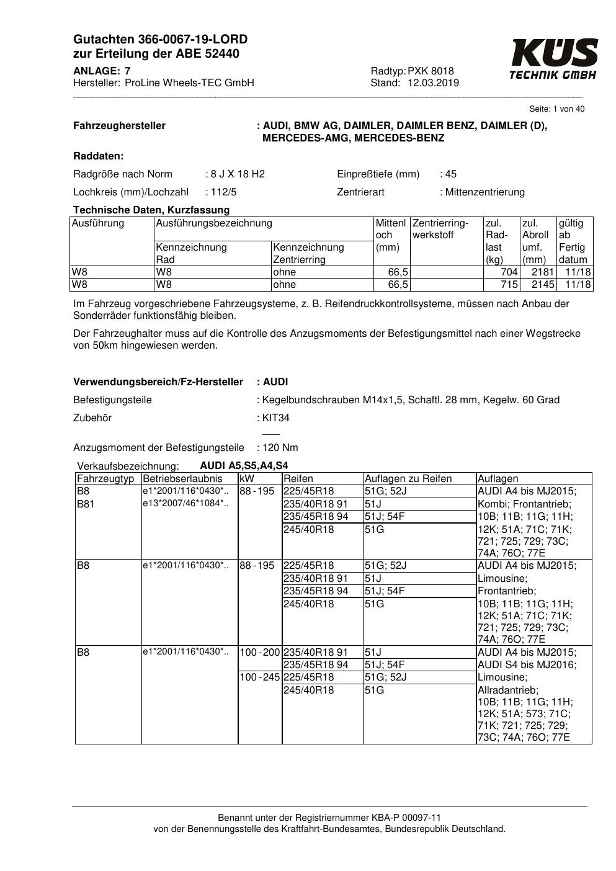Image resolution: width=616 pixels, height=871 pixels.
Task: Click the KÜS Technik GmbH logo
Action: click(x=554, y=59)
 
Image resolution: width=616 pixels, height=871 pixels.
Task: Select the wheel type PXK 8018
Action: click(x=431, y=71)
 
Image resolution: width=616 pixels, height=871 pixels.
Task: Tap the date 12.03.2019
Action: click(x=433, y=83)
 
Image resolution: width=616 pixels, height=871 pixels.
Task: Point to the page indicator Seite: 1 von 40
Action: click(x=556, y=109)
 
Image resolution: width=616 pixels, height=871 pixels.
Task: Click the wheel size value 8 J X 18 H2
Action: click(x=237, y=174)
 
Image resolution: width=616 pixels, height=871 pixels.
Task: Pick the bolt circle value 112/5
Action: click(x=223, y=192)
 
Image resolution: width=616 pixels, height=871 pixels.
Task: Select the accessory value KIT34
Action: click(x=276, y=418)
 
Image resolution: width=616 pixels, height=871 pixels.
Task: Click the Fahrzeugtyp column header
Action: click(x=105, y=479)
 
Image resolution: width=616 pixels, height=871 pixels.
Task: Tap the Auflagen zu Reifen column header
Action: click(x=408, y=479)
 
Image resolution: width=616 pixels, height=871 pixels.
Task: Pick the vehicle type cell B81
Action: click(x=86, y=504)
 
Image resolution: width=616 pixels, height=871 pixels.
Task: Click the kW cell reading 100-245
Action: click(x=260, y=677)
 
